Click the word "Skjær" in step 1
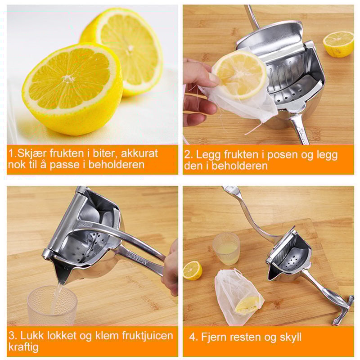pyautogui.click(x=30, y=153)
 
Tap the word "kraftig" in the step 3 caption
pyautogui.click(x=23, y=347)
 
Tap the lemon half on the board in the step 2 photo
pyautogui.click(x=338, y=44)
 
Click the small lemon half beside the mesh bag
pyautogui.click(x=193, y=270)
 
